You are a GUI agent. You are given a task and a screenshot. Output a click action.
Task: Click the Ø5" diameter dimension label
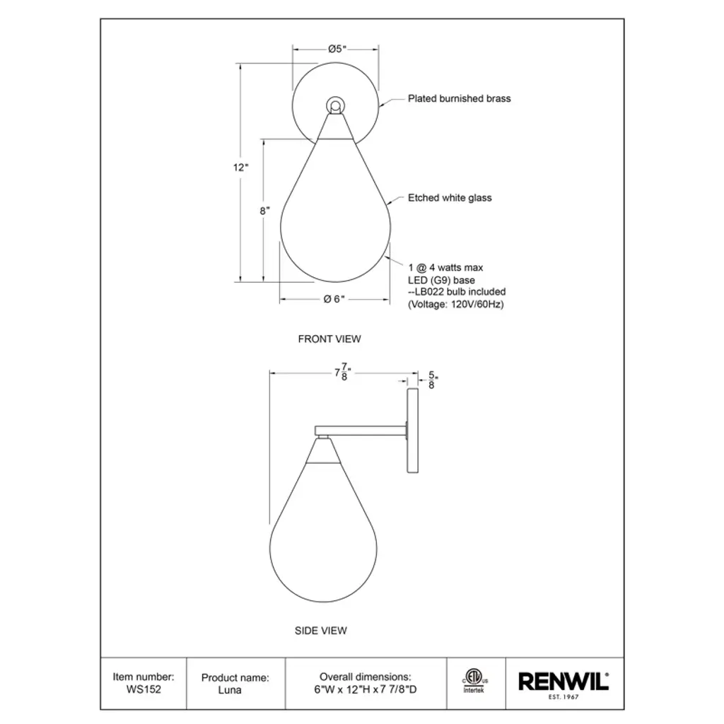tap(337, 49)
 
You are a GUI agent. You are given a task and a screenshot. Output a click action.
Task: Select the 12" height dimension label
tap(240, 167)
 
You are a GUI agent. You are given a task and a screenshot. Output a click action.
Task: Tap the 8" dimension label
tap(264, 211)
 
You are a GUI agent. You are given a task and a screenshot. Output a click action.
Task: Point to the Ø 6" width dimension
tap(334, 299)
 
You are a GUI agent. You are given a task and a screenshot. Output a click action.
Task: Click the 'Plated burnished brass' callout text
tap(460, 98)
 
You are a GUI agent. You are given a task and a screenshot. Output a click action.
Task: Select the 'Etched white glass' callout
tap(450, 198)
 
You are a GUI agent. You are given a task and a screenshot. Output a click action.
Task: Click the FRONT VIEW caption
tap(329, 339)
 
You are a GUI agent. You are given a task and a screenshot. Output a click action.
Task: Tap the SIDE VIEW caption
tap(321, 630)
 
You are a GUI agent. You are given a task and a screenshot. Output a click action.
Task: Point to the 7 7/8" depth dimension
tap(343, 372)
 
